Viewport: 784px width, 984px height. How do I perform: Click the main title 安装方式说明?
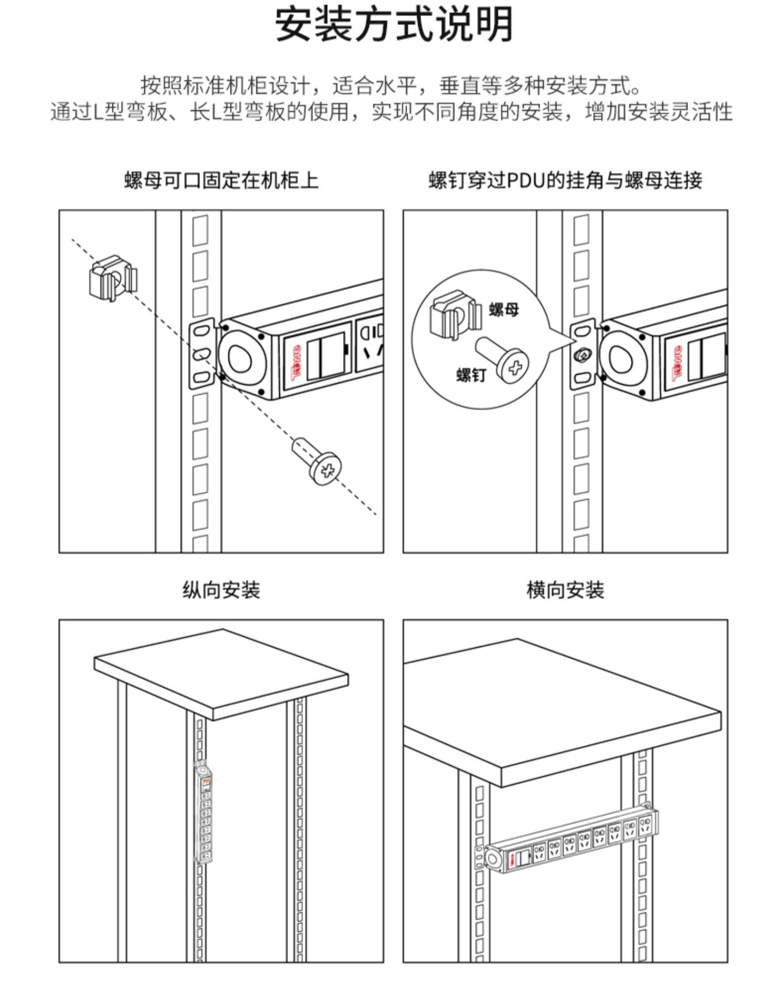point(393,25)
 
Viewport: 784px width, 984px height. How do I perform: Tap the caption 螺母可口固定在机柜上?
point(221,180)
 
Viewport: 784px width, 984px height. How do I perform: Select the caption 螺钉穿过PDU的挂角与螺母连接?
point(565,180)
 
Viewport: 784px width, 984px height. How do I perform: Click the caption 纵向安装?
point(221,590)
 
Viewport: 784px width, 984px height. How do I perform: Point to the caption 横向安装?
point(565,590)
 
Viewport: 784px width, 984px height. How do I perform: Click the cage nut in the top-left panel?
point(113,278)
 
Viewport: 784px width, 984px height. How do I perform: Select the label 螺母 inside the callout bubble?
point(504,310)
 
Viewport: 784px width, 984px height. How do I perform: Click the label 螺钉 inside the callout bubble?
point(471,375)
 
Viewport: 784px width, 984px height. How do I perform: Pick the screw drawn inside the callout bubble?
point(504,360)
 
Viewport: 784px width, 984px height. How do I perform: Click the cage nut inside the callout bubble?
point(453,315)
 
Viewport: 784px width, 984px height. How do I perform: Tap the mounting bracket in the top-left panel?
point(202,354)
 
